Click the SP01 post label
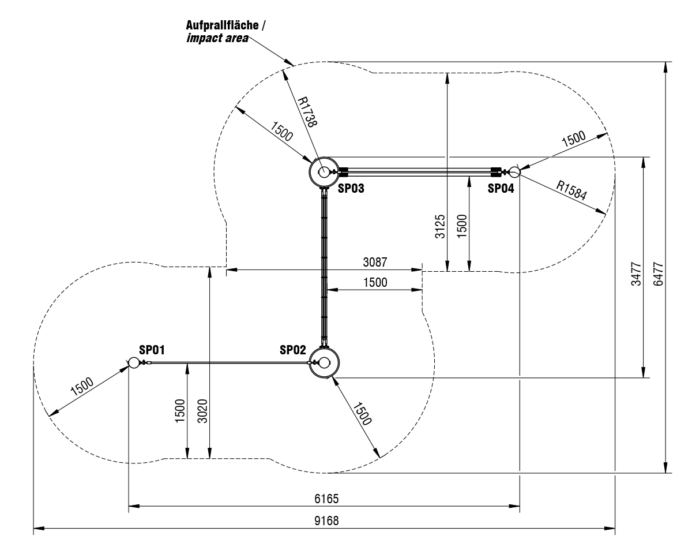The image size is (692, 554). tap(152, 350)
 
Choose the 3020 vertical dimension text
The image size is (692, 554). tap(201, 411)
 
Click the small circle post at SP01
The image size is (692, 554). tap(134, 362)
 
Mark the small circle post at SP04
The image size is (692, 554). tap(514, 171)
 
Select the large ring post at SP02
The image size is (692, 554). tap(325, 362)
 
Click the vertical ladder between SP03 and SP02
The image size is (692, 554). tap(324, 265)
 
